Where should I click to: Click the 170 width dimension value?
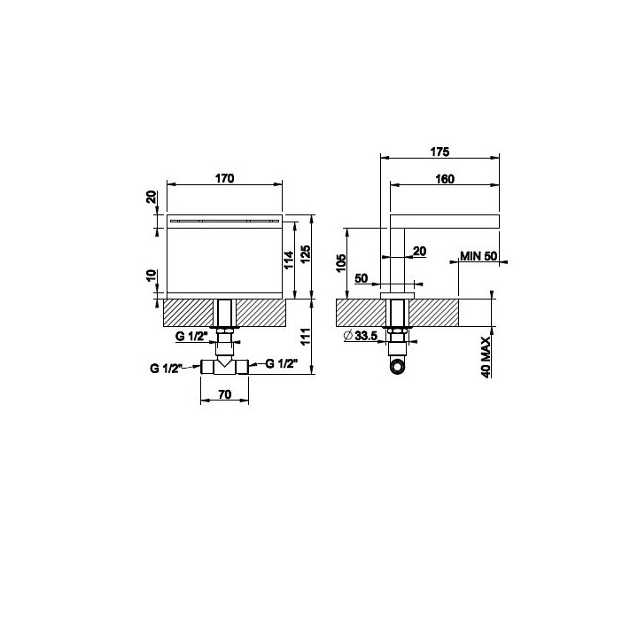pyautogui.click(x=224, y=178)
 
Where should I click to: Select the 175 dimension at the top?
pyautogui.click(x=440, y=152)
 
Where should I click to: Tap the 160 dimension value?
pyautogui.click(x=445, y=179)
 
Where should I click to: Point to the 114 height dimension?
pyautogui.click(x=289, y=260)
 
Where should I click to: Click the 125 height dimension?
pyautogui.click(x=306, y=253)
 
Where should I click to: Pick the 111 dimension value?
pyautogui.click(x=306, y=336)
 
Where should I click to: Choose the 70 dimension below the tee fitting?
pyautogui.click(x=224, y=393)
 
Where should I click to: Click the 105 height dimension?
pyautogui.click(x=341, y=263)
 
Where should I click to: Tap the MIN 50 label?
pyautogui.click(x=478, y=256)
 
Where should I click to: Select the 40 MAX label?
pyautogui.click(x=486, y=357)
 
